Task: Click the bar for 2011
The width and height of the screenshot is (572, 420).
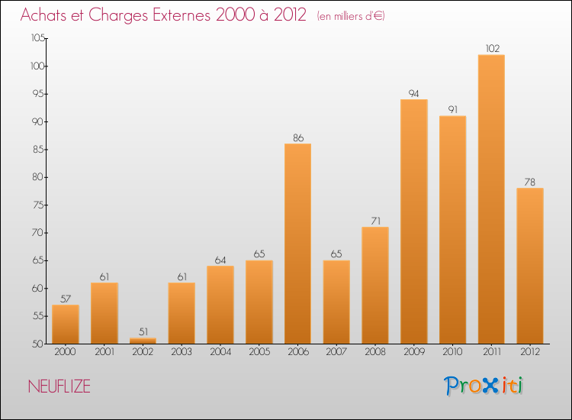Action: (x=491, y=199)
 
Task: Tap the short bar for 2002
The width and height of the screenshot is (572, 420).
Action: (x=143, y=341)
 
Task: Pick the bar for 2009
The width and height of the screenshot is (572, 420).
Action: (x=413, y=221)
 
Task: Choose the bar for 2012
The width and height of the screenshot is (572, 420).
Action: (x=529, y=265)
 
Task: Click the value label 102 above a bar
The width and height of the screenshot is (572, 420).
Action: (x=491, y=49)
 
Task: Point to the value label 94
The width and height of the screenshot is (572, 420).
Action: (x=413, y=93)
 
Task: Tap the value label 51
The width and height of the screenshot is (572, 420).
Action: (x=143, y=332)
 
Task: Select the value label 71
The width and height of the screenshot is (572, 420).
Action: (x=375, y=221)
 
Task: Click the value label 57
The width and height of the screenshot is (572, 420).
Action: (x=66, y=299)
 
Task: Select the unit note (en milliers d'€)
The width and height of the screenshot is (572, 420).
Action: (x=351, y=16)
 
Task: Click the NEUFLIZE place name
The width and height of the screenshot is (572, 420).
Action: (x=59, y=387)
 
